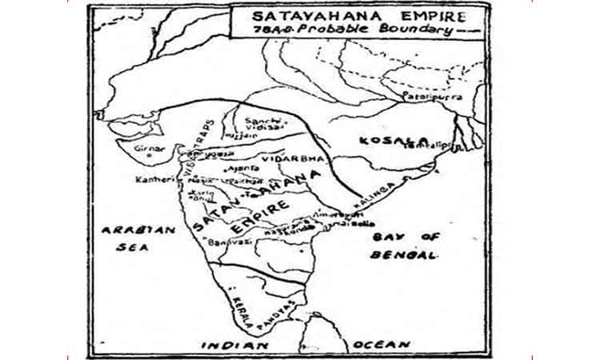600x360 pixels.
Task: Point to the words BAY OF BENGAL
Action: [405, 246]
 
